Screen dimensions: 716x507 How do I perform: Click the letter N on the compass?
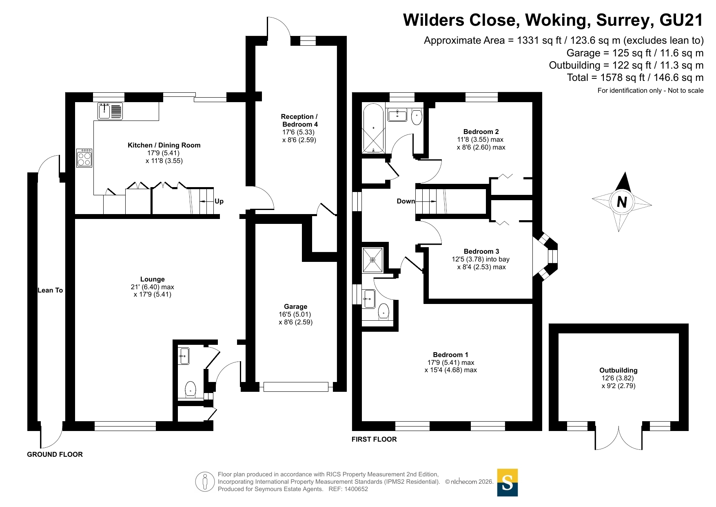tap(622, 202)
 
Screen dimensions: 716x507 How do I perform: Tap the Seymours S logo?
tap(508, 482)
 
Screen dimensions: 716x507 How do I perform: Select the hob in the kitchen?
tap(84, 158)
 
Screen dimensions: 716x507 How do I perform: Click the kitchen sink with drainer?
tap(110, 111)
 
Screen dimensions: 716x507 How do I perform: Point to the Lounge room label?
tap(153, 279)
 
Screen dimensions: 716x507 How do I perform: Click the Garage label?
tap(296, 306)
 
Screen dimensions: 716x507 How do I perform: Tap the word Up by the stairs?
tap(219, 201)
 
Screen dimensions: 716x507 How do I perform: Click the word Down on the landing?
tap(406, 201)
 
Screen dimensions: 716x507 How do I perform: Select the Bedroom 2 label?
tap(481, 132)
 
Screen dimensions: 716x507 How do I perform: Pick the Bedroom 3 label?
tap(481, 251)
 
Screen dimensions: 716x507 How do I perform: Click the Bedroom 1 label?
tap(450, 355)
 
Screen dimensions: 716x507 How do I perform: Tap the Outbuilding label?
tap(618, 370)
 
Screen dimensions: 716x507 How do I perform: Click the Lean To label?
tap(50, 290)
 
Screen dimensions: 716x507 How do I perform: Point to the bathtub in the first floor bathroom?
tap(373, 128)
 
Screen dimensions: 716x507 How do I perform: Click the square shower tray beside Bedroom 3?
tap(372, 260)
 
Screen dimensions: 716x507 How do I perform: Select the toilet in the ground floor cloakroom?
tap(191, 389)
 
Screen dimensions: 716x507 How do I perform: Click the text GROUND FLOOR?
tap(55, 454)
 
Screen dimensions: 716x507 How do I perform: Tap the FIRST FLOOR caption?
tap(374, 439)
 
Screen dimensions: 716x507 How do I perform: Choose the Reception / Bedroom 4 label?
tap(299, 121)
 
